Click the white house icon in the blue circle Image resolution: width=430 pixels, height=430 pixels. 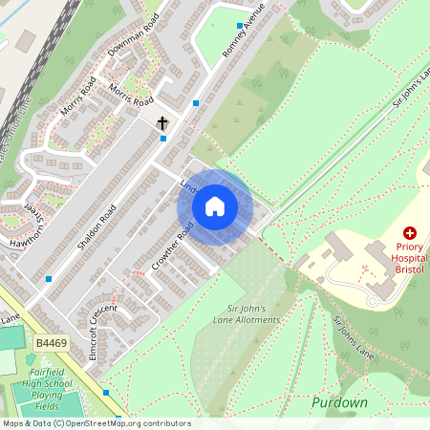point(215,205)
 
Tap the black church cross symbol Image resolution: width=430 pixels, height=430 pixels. point(162,123)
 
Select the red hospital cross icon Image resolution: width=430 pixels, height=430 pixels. point(410,232)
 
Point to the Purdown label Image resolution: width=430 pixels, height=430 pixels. point(339,402)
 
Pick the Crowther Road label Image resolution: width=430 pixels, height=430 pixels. point(172,247)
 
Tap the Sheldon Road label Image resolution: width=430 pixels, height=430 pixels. point(99,225)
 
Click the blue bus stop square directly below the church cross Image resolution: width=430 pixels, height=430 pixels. point(163,139)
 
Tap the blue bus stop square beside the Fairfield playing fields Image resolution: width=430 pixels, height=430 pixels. point(106,392)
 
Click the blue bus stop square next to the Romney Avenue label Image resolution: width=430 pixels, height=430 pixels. point(239,26)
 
